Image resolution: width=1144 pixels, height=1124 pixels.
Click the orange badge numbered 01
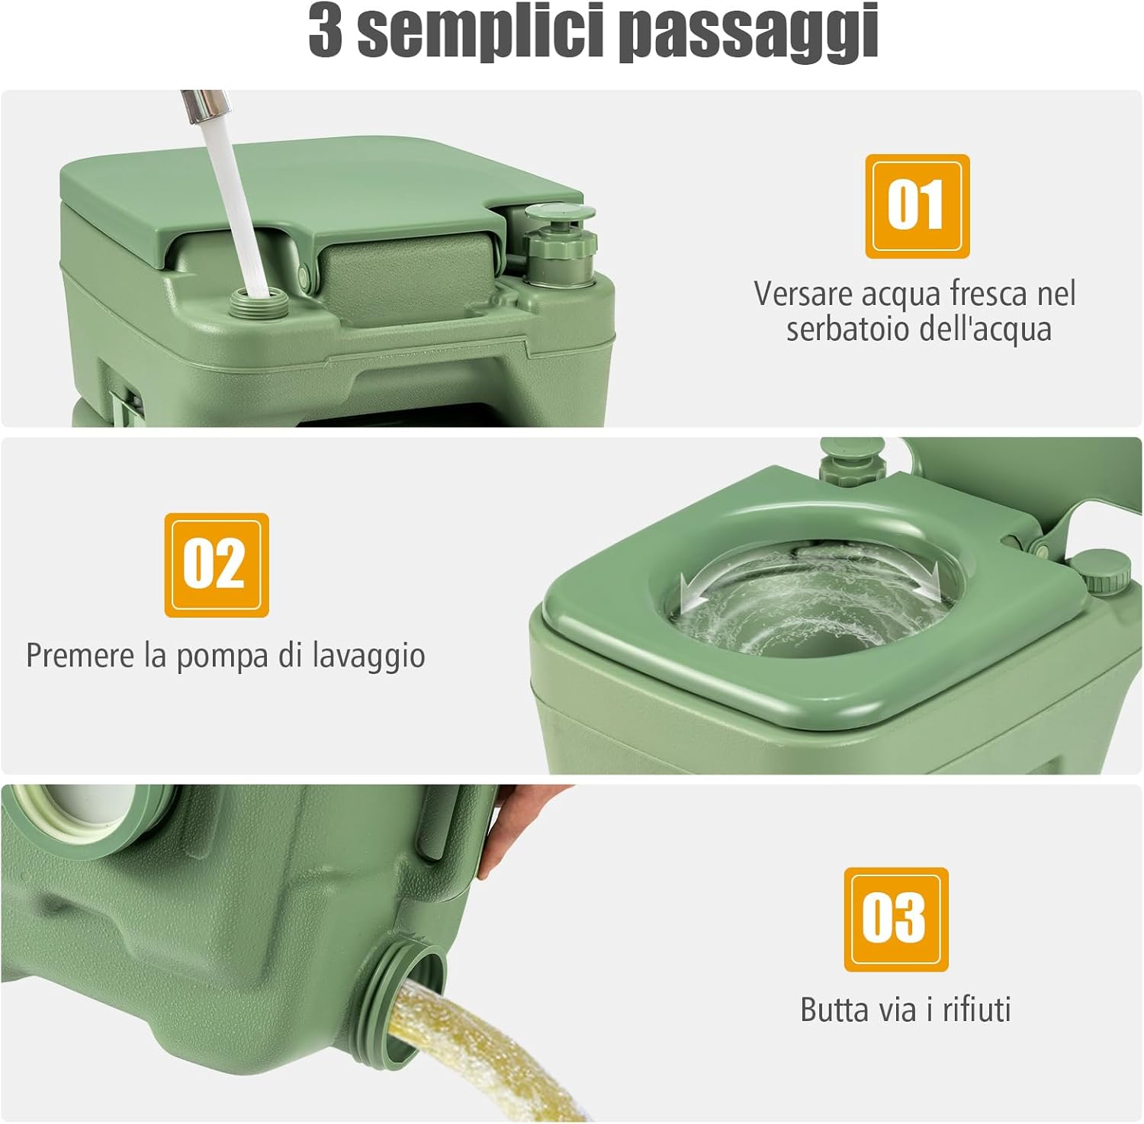[917, 206]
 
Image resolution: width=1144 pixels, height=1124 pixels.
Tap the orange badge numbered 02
[217, 565]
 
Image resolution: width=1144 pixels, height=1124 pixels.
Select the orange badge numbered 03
[895, 919]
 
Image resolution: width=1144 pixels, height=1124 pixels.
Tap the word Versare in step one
[807, 294]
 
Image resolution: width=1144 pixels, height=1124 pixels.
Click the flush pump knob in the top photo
[561, 243]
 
